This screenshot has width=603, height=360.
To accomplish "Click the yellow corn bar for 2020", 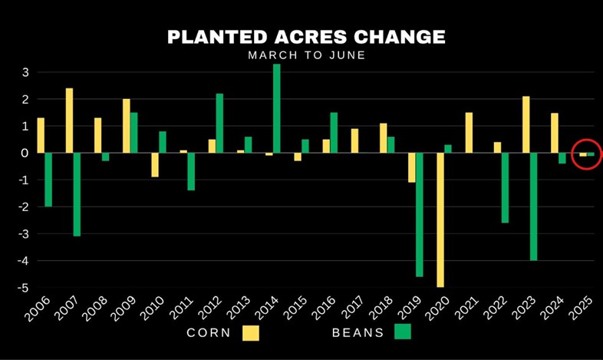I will pos(440,220).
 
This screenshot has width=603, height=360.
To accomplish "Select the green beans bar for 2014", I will pos(277,108).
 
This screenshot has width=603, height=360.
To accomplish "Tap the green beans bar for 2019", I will pos(420,214).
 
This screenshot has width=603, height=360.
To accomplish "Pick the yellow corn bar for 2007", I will pos(69,121).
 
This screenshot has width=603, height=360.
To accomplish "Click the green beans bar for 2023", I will pos(533,206).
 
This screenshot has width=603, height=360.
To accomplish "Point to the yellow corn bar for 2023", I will pos(526,124).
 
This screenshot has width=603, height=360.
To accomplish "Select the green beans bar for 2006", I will pos(48,180).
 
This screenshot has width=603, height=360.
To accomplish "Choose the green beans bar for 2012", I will pos(219,123).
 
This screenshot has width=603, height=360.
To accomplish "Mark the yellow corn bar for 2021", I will pos(469,133).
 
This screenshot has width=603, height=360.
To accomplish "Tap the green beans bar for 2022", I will pos(505,188).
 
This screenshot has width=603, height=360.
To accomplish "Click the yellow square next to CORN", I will pos(251,332).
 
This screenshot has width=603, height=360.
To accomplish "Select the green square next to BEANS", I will pos(403,332).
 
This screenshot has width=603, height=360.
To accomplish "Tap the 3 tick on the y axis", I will pos(25,72).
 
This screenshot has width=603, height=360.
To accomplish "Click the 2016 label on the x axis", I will pos(323,312).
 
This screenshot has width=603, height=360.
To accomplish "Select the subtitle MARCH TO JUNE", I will pos(307,55).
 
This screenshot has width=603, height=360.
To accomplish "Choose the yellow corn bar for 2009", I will pos(127,126).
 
